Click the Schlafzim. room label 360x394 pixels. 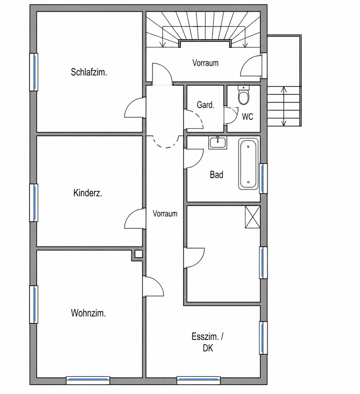pos(89,72)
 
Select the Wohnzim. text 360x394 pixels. pos(88,313)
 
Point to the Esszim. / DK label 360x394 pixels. pos(207,342)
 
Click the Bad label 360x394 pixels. pos(216,174)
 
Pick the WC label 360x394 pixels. pos(247,117)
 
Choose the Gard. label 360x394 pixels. pos(205,105)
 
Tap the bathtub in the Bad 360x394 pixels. pos(248,164)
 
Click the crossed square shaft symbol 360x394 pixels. pos(253,217)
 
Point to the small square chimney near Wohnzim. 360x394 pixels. pos(139,254)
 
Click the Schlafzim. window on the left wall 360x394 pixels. pos(34,72)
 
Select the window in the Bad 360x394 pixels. pos(263,179)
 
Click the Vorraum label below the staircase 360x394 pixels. pos(205,63)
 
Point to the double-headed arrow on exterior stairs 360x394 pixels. pos(284,106)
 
